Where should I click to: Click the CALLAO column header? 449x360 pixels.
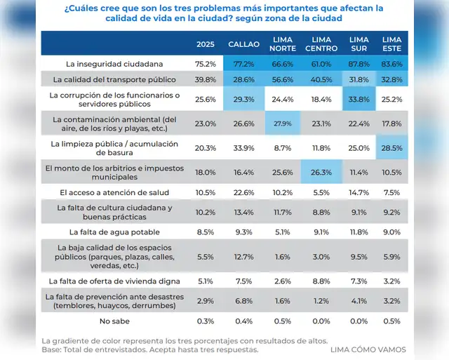tap(244, 44)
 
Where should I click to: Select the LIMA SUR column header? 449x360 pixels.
tap(359, 44)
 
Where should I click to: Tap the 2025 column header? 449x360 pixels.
tap(206, 44)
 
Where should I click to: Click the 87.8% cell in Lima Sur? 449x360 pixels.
tap(359, 63)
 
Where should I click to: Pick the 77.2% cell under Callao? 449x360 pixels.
tap(244, 63)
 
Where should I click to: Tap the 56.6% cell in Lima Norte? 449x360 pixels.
tap(283, 79)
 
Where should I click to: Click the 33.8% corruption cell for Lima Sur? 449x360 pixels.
tap(359, 99)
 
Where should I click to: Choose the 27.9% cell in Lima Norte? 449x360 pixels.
tap(283, 123)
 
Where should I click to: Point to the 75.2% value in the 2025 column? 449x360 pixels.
tap(206, 63)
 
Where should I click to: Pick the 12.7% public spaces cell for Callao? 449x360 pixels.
tap(244, 256)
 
